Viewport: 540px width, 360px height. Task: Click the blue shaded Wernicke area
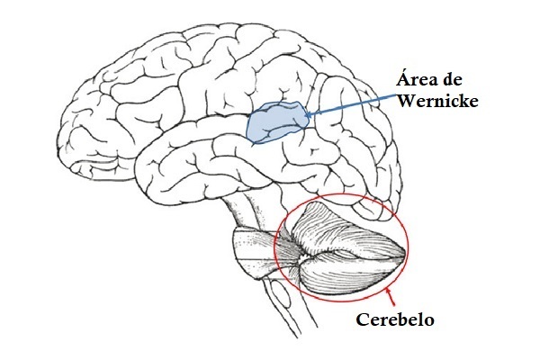tap(274, 124)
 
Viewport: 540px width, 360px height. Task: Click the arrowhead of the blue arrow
tap(309, 115)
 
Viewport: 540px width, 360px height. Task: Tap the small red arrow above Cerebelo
tap(389, 293)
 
